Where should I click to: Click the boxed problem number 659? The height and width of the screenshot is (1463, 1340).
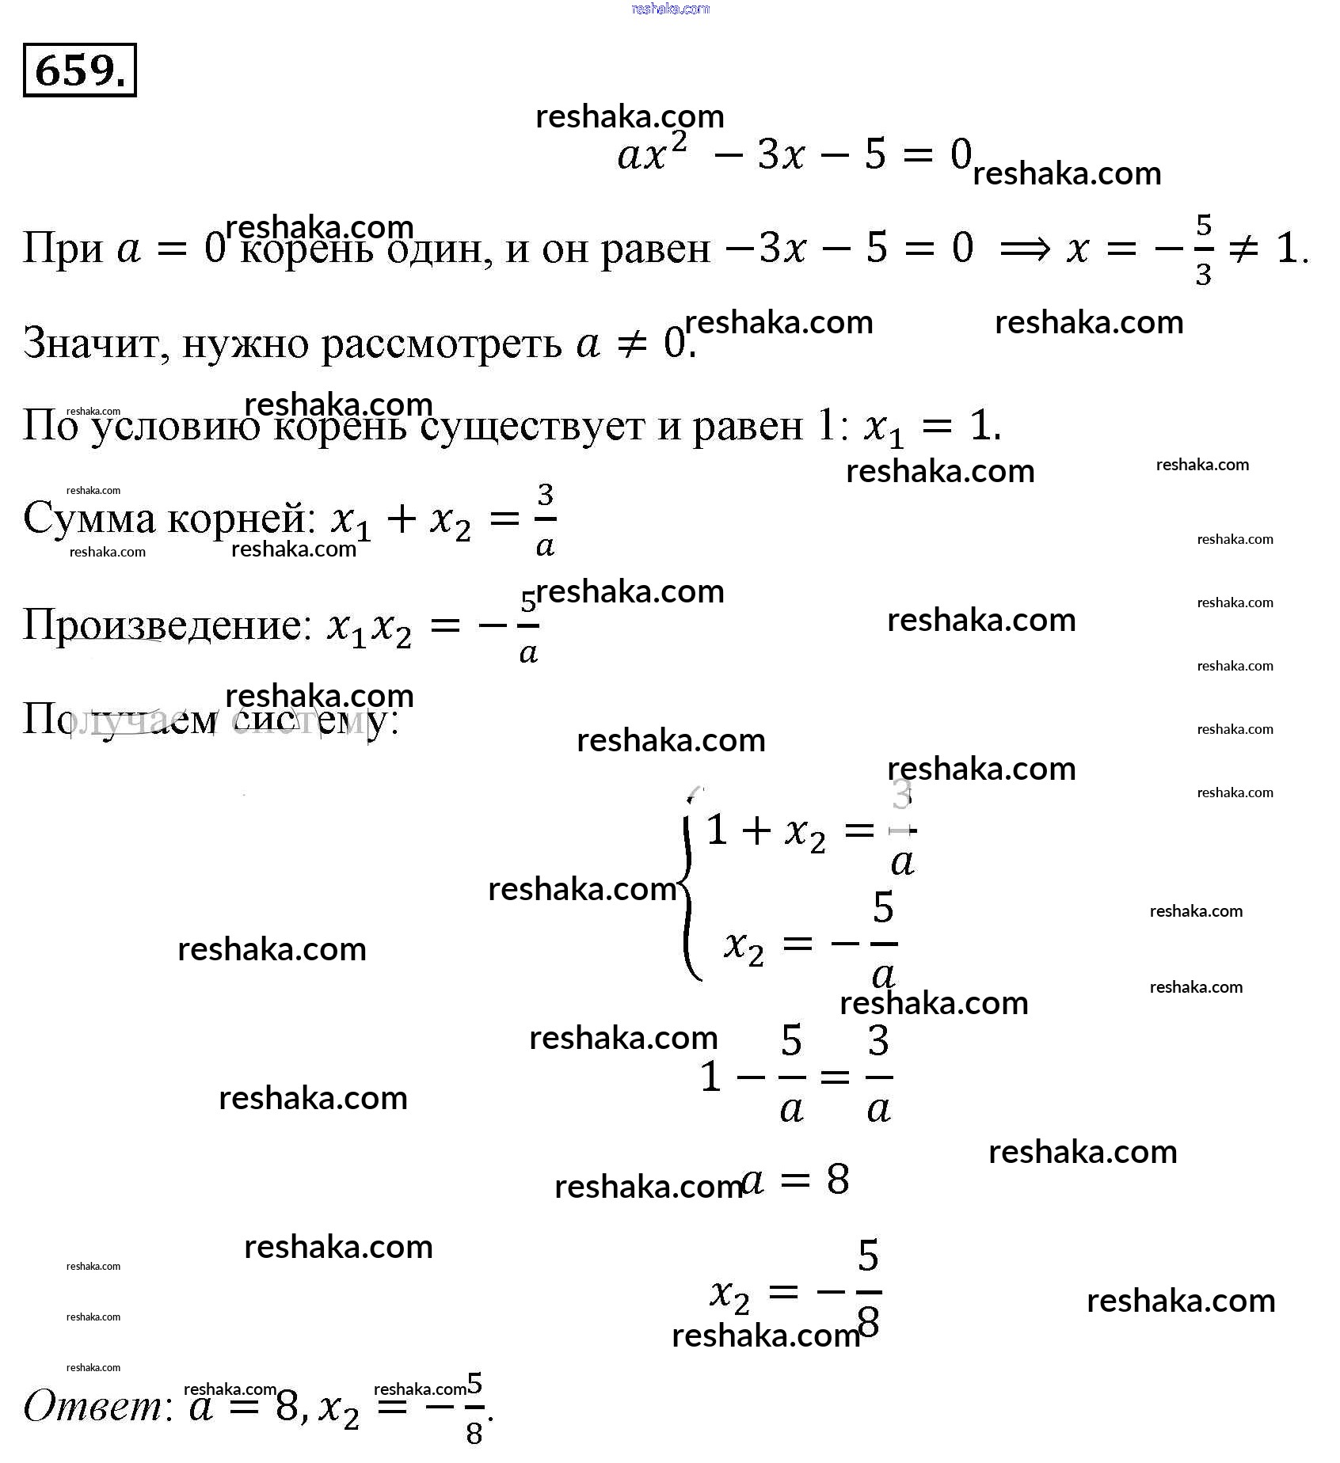click(x=79, y=70)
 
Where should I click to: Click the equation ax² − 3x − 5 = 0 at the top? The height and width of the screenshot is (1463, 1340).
click(x=794, y=154)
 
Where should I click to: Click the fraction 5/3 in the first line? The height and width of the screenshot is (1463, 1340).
click(x=1203, y=249)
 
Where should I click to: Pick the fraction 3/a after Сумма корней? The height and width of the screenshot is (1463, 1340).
click(x=545, y=520)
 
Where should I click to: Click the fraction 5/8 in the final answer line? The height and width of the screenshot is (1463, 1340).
click(x=474, y=1408)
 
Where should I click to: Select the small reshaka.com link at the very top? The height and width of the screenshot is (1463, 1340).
click(x=670, y=9)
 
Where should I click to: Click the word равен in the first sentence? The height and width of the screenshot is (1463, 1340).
click(x=656, y=249)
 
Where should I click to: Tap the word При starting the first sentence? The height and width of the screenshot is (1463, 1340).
click(x=63, y=249)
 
